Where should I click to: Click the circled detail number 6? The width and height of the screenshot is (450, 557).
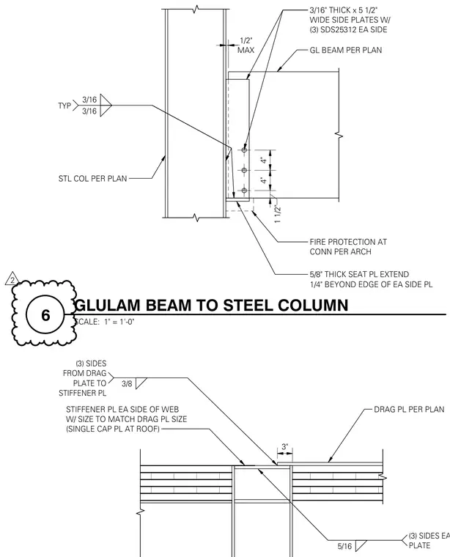click(x=45, y=315)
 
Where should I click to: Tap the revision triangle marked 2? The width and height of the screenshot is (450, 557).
click(x=12, y=279)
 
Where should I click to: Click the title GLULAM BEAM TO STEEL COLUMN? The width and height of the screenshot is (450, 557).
click(x=212, y=305)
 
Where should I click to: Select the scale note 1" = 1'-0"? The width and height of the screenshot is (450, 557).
click(x=119, y=322)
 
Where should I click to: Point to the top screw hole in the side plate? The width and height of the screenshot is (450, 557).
click(x=244, y=150)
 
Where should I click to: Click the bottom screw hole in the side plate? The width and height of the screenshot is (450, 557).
click(x=244, y=191)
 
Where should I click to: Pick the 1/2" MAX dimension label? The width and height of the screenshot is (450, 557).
click(x=246, y=45)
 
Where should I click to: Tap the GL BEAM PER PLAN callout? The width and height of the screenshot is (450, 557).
click(x=346, y=50)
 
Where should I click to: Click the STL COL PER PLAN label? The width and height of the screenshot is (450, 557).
click(x=92, y=178)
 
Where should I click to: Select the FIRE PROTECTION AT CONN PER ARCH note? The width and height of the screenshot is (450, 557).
click(x=348, y=247)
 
